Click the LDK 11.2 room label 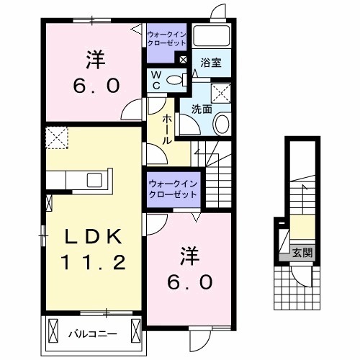pos(91,248)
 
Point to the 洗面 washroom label pos(201,110)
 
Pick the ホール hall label pos(166,128)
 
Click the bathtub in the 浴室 pos(212,39)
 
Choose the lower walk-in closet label pos(174,189)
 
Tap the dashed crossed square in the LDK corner pos(55,136)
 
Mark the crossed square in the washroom pos(221,92)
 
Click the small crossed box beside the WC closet pos(183,60)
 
